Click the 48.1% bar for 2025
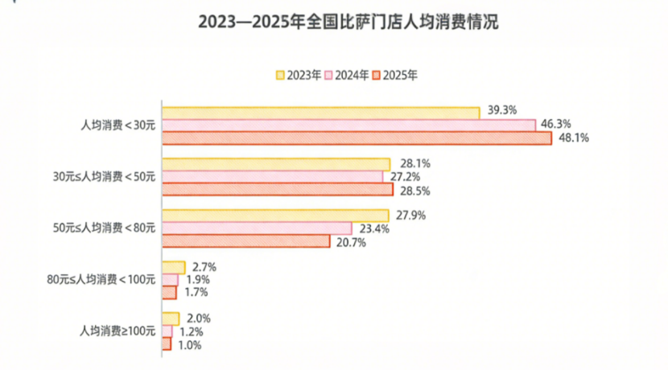pos(357,138)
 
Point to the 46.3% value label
pos(555,124)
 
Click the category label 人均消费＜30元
pos(118,125)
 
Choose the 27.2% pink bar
pos(273,177)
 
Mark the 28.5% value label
pos(414,191)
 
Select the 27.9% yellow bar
pos(275,216)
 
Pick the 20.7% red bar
pos(246,241)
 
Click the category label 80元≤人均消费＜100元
pos(101,280)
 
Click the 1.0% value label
pos(189,344)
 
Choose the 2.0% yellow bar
pos(171,319)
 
